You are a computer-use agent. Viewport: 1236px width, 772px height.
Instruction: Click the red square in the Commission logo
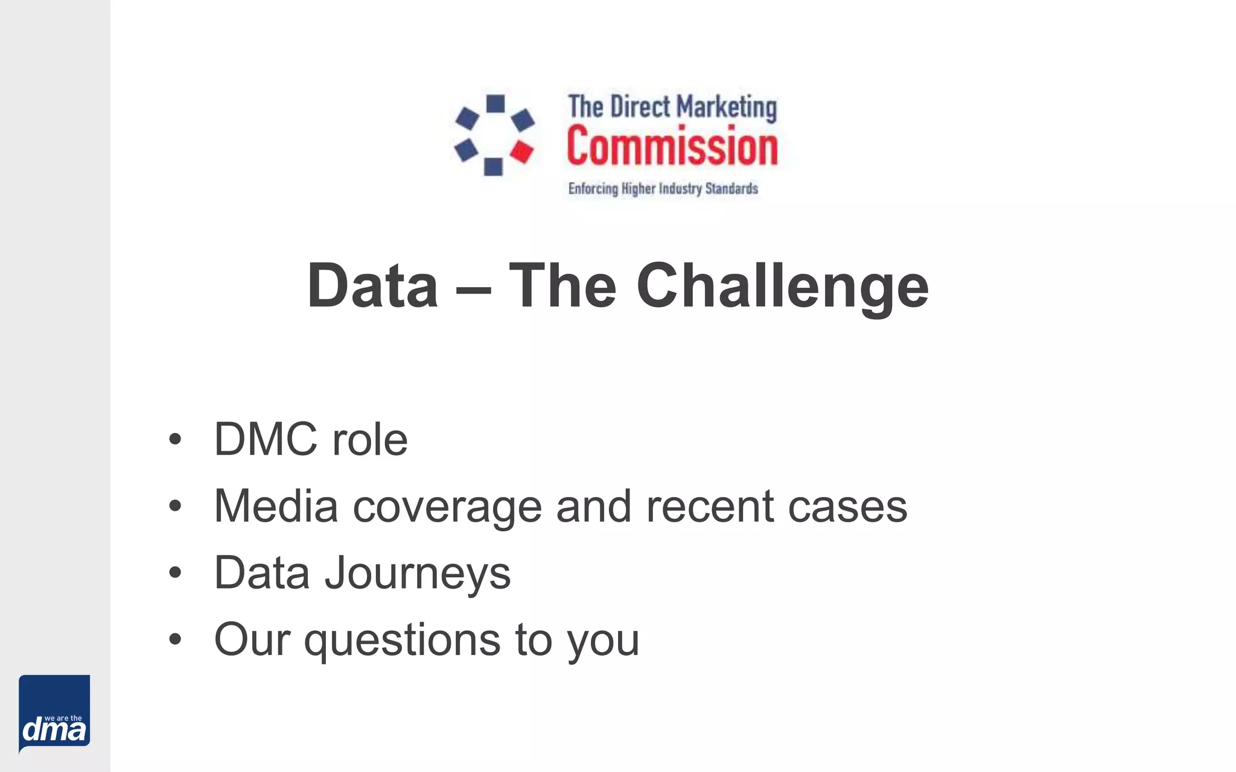tap(522, 151)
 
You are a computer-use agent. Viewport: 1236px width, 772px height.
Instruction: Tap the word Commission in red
tap(672, 147)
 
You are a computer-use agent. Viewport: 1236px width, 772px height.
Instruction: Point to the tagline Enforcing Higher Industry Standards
tap(663, 189)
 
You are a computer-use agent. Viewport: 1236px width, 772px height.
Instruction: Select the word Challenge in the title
tap(782, 287)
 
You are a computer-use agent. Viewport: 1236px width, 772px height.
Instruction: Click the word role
tap(370, 439)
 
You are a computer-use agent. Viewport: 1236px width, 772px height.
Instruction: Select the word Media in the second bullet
tap(276, 506)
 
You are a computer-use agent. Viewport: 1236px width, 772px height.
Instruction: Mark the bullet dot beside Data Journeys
tap(175, 572)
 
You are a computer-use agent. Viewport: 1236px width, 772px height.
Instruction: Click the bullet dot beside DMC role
tap(175, 439)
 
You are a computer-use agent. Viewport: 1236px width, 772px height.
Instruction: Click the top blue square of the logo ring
tap(495, 104)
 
